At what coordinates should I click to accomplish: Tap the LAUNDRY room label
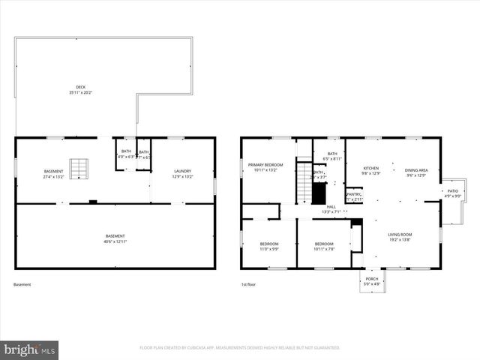click(x=183, y=173)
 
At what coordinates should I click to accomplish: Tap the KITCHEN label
click(x=371, y=170)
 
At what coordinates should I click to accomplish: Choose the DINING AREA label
click(x=416, y=172)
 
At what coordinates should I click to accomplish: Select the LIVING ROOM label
click(x=400, y=237)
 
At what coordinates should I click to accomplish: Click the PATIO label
click(x=452, y=193)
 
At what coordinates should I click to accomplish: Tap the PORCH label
click(x=372, y=280)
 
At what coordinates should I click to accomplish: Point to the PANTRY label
click(x=354, y=196)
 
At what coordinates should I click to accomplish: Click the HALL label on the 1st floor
click(x=330, y=208)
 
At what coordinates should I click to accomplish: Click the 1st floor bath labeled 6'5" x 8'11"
click(x=331, y=157)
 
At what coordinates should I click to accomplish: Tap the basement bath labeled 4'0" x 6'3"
click(x=126, y=154)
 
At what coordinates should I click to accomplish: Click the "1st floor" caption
click(x=248, y=284)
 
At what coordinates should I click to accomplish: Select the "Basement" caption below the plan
click(x=22, y=284)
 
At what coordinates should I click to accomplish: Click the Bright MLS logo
click(x=30, y=349)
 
